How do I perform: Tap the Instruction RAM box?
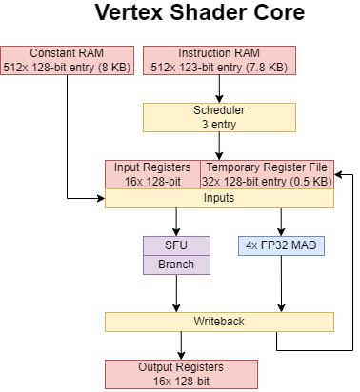[x=220, y=59]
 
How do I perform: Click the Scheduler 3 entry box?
[x=220, y=116]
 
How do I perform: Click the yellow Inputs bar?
[x=219, y=198]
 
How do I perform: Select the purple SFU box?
[x=176, y=245]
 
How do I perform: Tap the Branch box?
[x=176, y=264]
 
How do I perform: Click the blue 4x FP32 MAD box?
[x=282, y=245]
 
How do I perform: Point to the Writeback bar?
[x=219, y=322]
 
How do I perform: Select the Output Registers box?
[x=181, y=374]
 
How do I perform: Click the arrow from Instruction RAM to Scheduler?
[x=220, y=88]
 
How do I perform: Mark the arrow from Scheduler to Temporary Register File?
[x=220, y=145]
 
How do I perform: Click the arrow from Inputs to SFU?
[x=176, y=222]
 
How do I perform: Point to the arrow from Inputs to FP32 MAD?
[x=282, y=222]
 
